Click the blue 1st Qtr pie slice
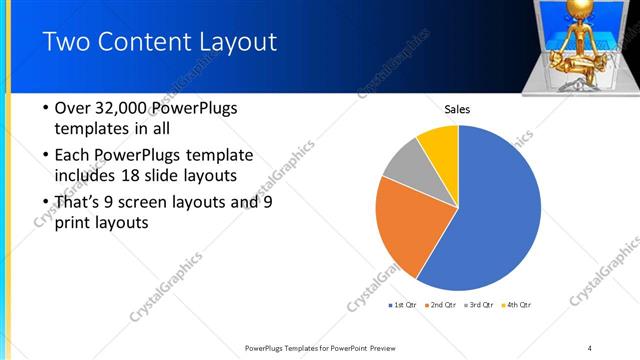(490, 210)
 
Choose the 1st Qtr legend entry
(402, 303)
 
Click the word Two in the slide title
(66, 42)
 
